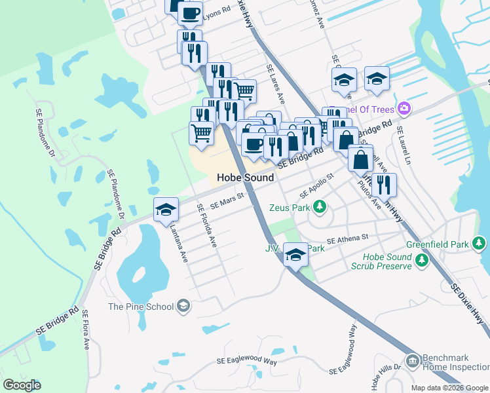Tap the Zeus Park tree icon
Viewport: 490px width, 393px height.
coord(320,208)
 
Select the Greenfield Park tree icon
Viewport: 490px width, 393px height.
coord(480,244)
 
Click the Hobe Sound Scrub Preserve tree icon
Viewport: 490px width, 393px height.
coord(422,261)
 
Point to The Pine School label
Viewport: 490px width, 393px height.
coord(141,307)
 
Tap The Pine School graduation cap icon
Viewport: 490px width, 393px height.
coord(184,305)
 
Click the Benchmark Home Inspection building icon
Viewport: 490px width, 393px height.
coord(412,362)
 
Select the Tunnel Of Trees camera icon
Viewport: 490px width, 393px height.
coord(405,108)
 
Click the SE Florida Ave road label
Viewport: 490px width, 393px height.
coord(206,225)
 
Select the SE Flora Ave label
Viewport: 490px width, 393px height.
coord(85,333)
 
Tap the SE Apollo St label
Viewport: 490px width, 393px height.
coord(317,186)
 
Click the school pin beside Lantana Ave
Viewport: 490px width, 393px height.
coord(166,210)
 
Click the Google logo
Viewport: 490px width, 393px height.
coord(22,385)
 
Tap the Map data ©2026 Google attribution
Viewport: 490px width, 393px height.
coord(449,388)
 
